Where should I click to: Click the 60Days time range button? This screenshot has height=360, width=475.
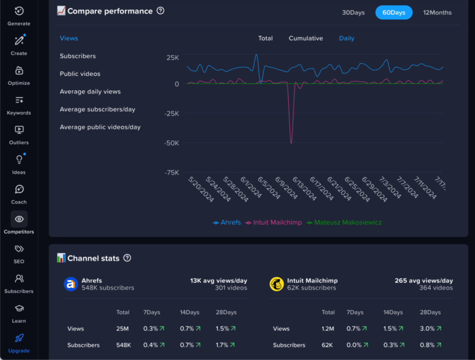(393, 12)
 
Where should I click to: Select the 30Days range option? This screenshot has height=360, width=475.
(353, 12)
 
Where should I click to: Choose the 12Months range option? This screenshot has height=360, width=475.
(437, 12)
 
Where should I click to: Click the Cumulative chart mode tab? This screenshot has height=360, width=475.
(306, 38)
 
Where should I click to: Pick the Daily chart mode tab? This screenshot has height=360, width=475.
(346, 38)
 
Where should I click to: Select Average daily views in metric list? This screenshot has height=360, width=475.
(90, 92)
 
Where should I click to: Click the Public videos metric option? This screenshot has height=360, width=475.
(80, 74)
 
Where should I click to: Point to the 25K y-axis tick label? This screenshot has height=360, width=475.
(173, 58)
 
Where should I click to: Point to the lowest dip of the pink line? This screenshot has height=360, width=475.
(291, 143)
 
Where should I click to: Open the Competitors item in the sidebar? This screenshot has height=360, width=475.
(19, 223)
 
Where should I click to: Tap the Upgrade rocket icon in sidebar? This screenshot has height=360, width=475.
(19, 338)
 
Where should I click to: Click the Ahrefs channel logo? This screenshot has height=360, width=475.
(71, 284)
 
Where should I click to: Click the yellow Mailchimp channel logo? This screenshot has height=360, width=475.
(276, 284)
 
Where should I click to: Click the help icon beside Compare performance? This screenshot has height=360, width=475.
(161, 11)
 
